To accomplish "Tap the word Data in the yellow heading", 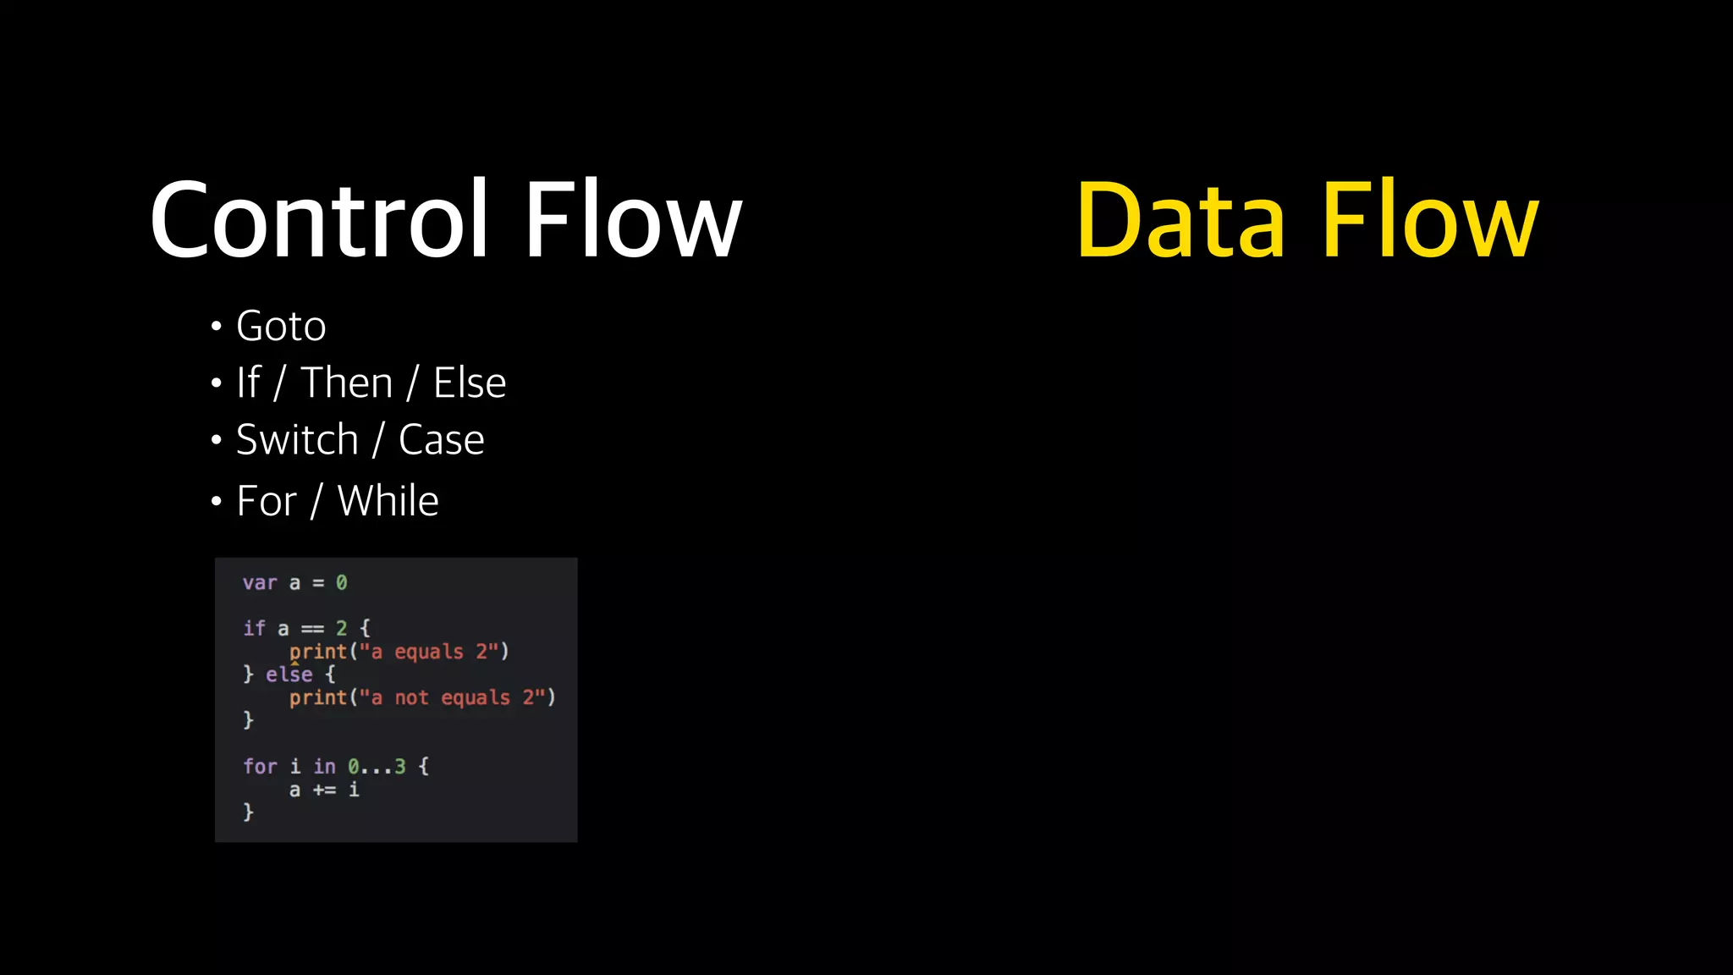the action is tap(1180, 220).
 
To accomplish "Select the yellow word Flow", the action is tap(1429, 220).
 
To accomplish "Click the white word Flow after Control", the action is tap(633, 220).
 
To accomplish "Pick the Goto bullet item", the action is tap(281, 327).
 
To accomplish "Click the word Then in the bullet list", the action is tap(347, 383).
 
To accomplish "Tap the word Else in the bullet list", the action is tap(470, 383).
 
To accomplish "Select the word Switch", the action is tap(297, 440).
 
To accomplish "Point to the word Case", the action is tap(441, 440).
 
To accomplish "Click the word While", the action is tap(388, 501).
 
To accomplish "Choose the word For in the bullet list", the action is tap(267, 501).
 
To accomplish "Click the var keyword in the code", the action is tap(260, 583).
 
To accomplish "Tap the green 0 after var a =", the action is tap(341, 583).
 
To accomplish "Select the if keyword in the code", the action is tap(254, 629).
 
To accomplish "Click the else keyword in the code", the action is tap(289, 675).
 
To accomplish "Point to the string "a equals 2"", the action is tap(429, 652).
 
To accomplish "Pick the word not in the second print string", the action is tap(412, 698).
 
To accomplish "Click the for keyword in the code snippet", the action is tap(260, 767).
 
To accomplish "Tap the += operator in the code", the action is tap(324, 790).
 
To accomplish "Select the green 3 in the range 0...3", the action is tap(400, 767).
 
